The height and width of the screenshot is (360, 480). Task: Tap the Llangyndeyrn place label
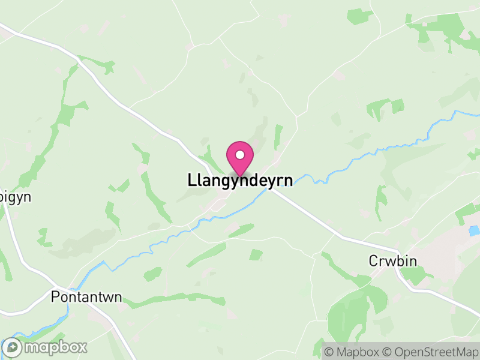point(241,180)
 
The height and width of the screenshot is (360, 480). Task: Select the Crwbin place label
point(392,261)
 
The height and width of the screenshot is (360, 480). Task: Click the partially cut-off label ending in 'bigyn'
point(15,197)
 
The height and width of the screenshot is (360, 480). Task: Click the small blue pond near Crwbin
point(475,230)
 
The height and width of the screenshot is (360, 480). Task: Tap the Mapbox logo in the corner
point(45,347)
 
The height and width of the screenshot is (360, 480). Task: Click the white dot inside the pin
point(240,155)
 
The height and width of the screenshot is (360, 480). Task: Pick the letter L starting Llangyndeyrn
point(192,180)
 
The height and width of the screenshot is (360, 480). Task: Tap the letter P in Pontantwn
point(55,296)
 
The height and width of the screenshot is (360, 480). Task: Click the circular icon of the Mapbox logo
point(12,347)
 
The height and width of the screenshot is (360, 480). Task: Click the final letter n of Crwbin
point(413,261)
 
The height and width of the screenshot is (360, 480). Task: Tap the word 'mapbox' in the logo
point(55,347)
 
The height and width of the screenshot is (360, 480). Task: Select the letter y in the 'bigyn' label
point(17,198)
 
